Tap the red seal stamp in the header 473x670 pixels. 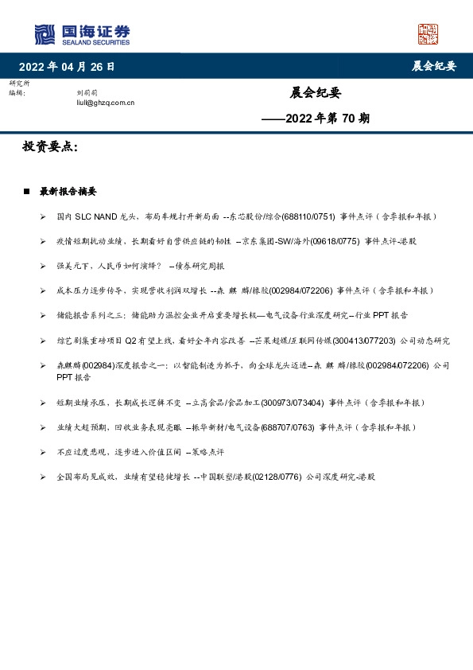428,34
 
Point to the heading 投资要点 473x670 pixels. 49,147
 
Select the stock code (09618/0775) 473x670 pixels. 331,241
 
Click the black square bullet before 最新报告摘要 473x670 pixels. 26,192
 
